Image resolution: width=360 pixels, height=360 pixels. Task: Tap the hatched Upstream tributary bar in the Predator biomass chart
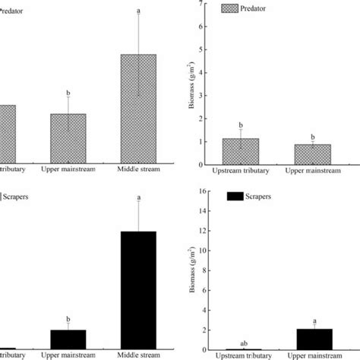coord(240,151)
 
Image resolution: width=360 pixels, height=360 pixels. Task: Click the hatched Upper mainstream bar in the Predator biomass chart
coord(313,154)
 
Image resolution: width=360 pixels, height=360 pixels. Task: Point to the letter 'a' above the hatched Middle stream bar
coord(138,11)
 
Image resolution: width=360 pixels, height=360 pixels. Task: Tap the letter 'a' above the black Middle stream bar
coord(138,198)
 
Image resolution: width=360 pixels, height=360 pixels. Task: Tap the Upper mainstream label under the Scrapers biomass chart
coord(313,355)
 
